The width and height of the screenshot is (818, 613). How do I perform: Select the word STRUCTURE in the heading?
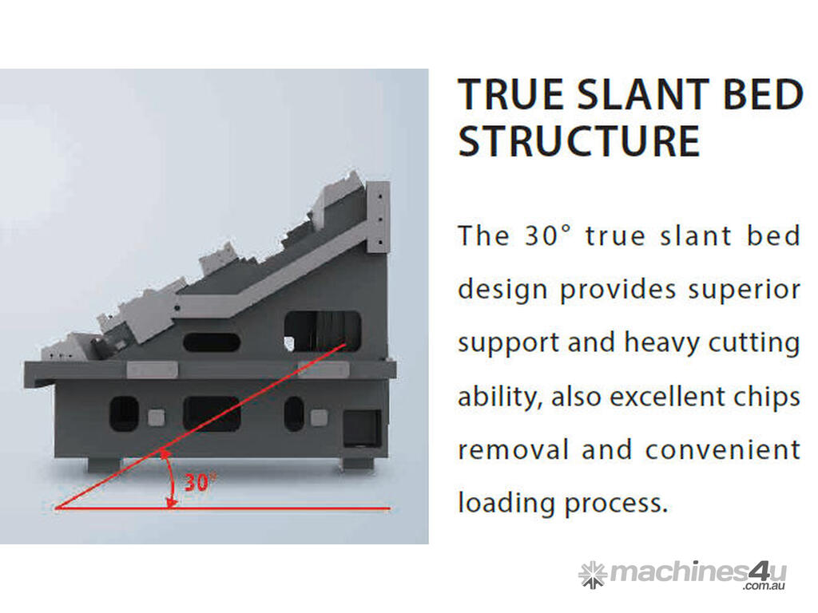578,141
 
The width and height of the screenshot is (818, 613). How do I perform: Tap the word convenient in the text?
722,450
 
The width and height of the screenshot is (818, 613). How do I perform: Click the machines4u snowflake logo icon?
593,575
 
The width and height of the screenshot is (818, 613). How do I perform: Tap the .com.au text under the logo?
764,586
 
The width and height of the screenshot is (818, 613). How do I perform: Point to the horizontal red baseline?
222,507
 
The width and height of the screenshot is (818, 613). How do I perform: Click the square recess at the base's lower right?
362,429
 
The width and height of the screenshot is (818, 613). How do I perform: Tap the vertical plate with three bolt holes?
379,218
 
